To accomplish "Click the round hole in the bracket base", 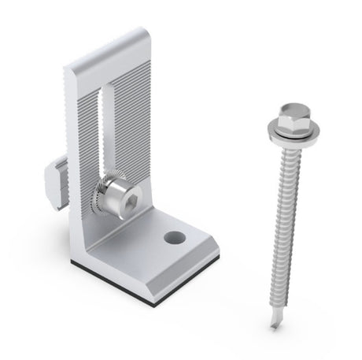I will coord(175,236).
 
